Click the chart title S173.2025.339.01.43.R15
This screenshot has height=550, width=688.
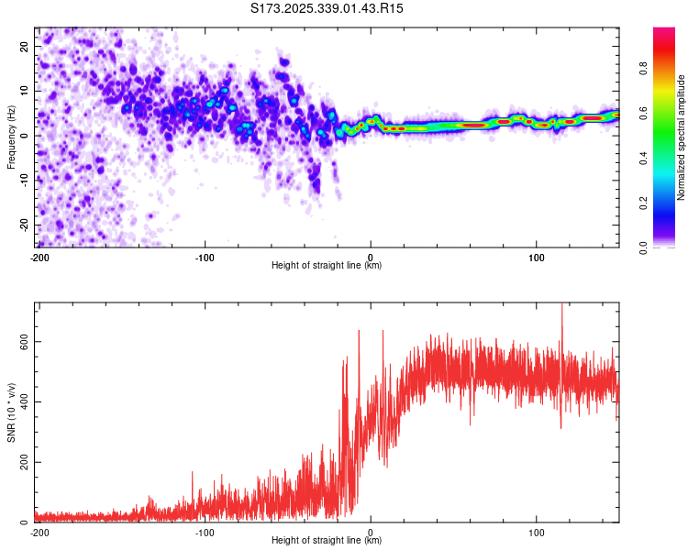327,8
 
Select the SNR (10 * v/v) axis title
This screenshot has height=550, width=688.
12,412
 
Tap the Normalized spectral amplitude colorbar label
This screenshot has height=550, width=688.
682,137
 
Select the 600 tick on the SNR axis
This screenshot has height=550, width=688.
22,341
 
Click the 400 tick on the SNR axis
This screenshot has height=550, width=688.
22,401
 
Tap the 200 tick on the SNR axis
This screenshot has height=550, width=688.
22,462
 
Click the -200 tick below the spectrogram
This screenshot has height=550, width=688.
39,258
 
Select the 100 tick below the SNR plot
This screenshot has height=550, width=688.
537,532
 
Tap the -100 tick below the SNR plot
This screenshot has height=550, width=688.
204,532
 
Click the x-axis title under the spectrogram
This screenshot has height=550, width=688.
327,266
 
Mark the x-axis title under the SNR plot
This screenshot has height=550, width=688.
327,540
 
